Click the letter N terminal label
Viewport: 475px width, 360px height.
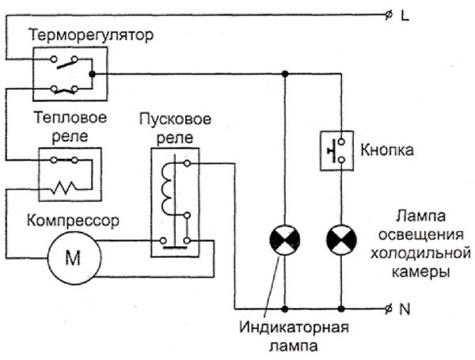coord(405,309)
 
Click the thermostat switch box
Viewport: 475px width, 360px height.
coord(70,73)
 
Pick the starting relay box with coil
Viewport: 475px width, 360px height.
coord(174,201)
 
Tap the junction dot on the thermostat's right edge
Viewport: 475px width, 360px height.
coord(93,74)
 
